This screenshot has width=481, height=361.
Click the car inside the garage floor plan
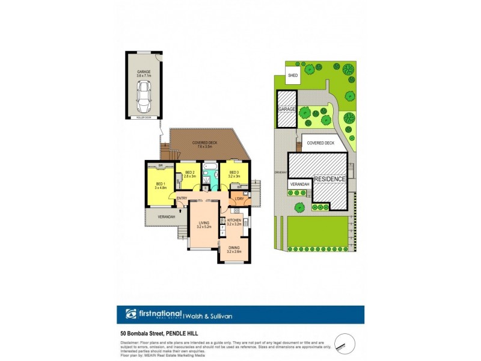tap(144, 97)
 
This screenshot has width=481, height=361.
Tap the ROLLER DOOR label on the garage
tap(144, 118)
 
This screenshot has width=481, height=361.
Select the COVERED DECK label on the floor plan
tap(204, 144)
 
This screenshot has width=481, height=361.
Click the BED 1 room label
tap(160, 185)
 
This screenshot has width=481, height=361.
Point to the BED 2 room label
tap(191, 175)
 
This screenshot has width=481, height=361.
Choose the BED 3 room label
tap(234, 175)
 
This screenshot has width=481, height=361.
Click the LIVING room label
tap(204, 225)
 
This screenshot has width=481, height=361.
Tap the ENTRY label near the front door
tap(182, 199)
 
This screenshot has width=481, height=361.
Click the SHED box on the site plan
tap(293, 76)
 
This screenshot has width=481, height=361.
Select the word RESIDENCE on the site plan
tap(329, 179)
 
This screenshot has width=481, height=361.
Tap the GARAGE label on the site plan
tap(287, 110)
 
